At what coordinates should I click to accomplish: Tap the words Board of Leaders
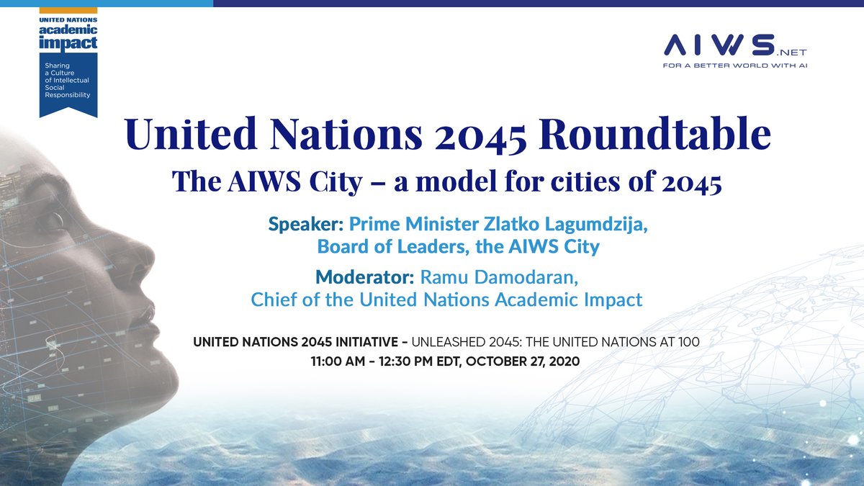pyautogui.click(x=381, y=246)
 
